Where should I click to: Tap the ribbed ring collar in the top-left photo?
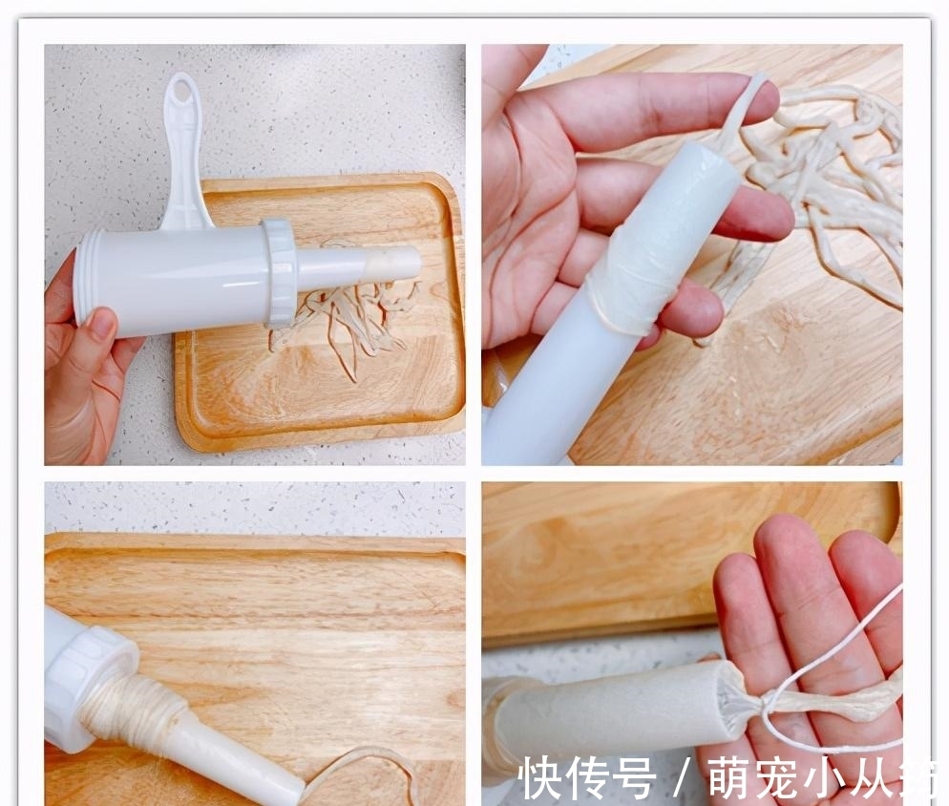[282, 273]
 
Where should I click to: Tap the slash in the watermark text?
[682, 779]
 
